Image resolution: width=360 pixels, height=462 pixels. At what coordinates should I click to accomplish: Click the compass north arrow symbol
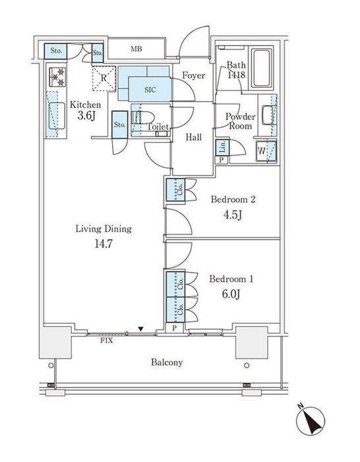coord(310,420)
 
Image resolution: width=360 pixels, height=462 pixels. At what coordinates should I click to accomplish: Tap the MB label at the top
coord(136,49)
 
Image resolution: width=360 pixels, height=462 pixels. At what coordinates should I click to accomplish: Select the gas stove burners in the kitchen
coord(57,77)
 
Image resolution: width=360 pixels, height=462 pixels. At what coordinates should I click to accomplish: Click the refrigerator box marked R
coord(104,79)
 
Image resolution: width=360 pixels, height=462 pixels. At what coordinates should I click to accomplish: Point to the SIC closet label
coord(150,90)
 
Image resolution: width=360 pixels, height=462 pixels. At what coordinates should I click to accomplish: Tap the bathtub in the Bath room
coord(261,69)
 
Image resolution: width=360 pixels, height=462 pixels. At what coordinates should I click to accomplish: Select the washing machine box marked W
coord(266,151)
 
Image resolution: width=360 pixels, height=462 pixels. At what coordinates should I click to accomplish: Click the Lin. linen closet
coord(222,147)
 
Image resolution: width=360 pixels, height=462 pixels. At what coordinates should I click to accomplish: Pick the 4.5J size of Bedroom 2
coord(233,214)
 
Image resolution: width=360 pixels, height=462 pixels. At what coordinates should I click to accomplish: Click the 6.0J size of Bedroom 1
coord(231,294)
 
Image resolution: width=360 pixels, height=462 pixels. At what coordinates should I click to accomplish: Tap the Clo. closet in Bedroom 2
coord(175,190)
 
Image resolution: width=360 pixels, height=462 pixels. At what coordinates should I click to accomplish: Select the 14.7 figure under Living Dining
coord(104,244)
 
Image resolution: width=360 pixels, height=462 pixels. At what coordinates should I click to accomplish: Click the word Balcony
coord(167,362)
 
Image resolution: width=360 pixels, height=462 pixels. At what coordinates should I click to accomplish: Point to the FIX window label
coord(107,341)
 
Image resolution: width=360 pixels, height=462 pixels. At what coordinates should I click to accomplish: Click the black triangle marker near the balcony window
coord(141,329)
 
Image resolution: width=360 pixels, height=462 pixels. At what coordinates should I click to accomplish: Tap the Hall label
coord(194,137)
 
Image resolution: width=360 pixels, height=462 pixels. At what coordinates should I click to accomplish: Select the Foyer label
coord(193,75)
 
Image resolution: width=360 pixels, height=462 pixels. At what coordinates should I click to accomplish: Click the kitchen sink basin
coord(57,115)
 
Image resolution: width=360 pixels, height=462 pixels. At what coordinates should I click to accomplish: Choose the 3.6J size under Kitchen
coord(86,115)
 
